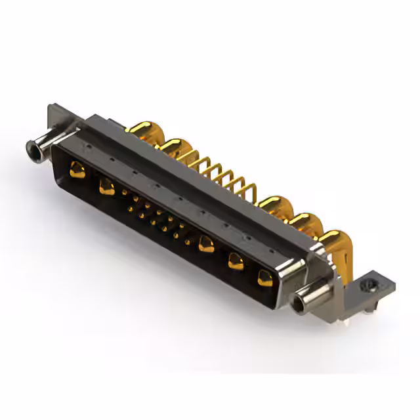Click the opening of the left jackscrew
30,148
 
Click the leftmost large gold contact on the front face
77,171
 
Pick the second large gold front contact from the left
106,188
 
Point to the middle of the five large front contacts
206,244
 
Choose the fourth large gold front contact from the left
236,262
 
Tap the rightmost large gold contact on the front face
264,278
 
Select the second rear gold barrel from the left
173,146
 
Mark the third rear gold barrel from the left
274,205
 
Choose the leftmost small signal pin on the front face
124,192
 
